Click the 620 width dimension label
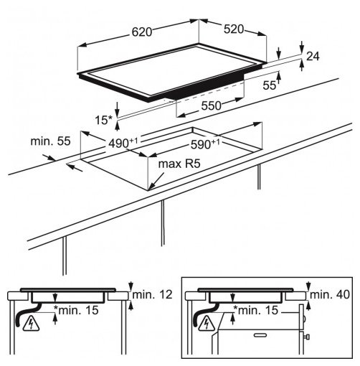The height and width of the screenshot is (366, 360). coord(142,32)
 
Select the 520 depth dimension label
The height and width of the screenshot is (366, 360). coord(234,29)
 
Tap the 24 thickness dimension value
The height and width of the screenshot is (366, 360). coord(313,57)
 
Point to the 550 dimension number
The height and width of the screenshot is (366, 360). coord(211,105)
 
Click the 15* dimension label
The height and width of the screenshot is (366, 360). coord(103,120)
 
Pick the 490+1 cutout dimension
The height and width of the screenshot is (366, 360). coord(123,143)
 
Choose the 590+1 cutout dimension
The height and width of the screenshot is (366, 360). coord(205,144)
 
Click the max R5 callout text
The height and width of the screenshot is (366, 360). coord(179,164)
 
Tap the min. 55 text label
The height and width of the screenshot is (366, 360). coord(50,141)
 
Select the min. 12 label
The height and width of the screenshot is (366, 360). coord(152,295)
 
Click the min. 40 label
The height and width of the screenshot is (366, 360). coord(330,295)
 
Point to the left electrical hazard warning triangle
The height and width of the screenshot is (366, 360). coord(31,324)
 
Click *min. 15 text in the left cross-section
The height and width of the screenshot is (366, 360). coord(76,310)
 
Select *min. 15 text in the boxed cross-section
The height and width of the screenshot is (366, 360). coord(256,310)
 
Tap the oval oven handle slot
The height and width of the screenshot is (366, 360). coord(260,335)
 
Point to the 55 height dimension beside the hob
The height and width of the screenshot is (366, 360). coord(269,85)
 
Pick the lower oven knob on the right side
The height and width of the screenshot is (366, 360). coord(308,337)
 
